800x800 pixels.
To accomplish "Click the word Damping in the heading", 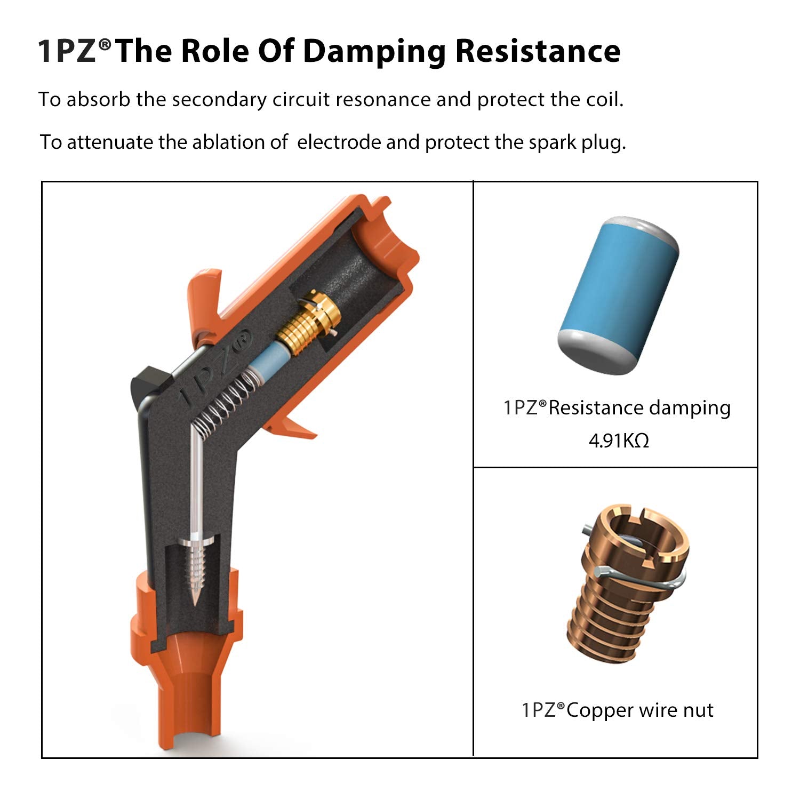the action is [x=374, y=52].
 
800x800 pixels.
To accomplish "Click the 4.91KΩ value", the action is [x=619, y=441].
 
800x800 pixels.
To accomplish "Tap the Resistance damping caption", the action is [x=617, y=408].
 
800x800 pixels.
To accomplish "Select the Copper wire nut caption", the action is [x=617, y=710].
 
